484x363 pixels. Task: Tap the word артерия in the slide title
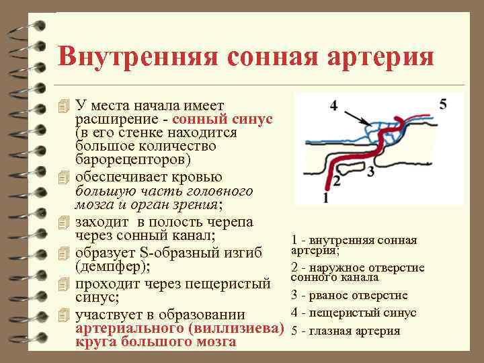pyautogui.click(x=376, y=56)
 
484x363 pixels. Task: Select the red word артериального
pyautogui.click(x=130, y=329)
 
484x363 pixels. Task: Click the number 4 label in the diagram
pyautogui.click(x=333, y=106)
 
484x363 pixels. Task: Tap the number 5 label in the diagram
pyautogui.click(x=443, y=104)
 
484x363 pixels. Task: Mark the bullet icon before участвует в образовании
pyautogui.click(x=64, y=315)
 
